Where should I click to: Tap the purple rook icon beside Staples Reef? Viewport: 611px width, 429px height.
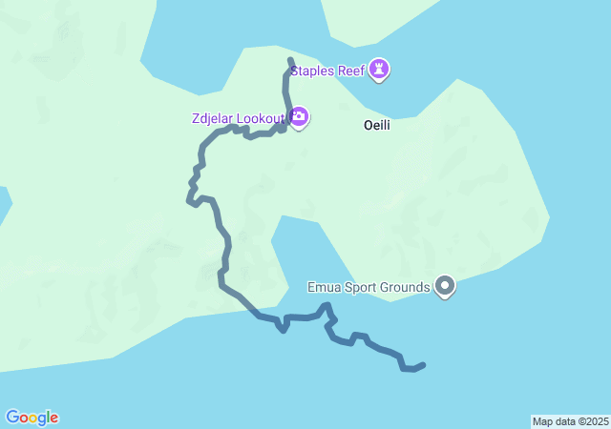(382, 69)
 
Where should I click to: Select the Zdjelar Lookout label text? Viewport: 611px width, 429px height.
(237, 118)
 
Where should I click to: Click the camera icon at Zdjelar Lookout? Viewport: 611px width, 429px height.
(299, 117)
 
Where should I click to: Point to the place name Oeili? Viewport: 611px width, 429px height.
(378, 125)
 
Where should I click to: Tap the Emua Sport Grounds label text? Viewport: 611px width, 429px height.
(369, 287)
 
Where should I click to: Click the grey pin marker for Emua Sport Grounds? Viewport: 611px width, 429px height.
(445, 285)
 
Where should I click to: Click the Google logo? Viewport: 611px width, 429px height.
(32, 418)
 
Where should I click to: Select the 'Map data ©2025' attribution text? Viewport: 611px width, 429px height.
(570, 421)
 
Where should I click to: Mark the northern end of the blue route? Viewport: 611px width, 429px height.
(289, 60)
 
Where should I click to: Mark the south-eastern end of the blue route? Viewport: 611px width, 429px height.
(423, 365)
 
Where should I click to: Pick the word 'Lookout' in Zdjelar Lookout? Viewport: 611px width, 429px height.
(261, 118)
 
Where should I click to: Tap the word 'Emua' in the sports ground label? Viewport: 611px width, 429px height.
(323, 287)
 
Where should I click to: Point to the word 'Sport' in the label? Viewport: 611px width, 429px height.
(362, 287)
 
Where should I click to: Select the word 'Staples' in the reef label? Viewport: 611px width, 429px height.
(313, 70)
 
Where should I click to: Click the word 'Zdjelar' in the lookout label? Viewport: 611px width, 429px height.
(212, 118)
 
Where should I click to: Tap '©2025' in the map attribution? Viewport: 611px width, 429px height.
(591, 421)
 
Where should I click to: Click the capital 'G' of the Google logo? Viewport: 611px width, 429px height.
(12, 417)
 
